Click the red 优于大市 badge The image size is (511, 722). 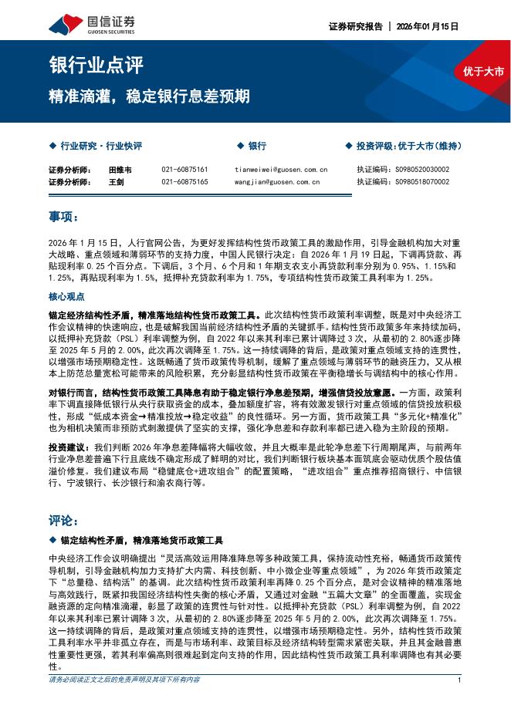click(x=483, y=72)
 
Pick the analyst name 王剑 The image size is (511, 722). click(x=116, y=182)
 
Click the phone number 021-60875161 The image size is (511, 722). click(x=184, y=169)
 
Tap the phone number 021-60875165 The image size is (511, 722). click(x=184, y=182)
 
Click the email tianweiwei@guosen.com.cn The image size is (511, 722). click(x=281, y=169)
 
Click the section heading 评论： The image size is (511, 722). click(x=63, y=518)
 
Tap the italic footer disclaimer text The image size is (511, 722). click(x=124, y=701)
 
